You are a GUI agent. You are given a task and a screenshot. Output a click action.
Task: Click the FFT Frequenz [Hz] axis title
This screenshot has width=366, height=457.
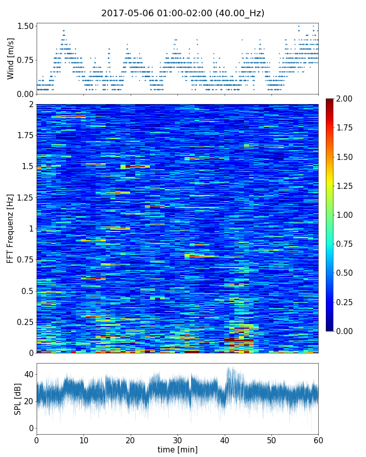11,228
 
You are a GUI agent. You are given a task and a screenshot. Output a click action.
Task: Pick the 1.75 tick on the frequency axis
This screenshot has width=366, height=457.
24,136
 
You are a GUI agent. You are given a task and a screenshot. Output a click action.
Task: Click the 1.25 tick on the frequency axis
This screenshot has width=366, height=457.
24,198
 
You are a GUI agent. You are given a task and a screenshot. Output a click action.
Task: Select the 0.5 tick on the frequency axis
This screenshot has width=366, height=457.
27,291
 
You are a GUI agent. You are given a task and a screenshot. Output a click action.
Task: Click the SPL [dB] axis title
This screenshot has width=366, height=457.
18,399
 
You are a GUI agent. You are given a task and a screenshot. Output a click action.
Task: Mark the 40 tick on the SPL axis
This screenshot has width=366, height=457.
28,375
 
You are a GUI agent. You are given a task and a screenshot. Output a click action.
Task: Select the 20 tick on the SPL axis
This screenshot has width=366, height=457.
28,401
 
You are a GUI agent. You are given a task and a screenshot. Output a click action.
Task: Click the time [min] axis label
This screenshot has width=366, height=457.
177,449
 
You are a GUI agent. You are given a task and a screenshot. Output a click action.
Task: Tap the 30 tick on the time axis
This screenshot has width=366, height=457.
177,440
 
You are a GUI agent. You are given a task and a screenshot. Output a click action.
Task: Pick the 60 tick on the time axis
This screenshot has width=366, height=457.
318,440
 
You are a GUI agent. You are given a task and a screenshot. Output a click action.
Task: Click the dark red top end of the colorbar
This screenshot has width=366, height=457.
330,101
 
